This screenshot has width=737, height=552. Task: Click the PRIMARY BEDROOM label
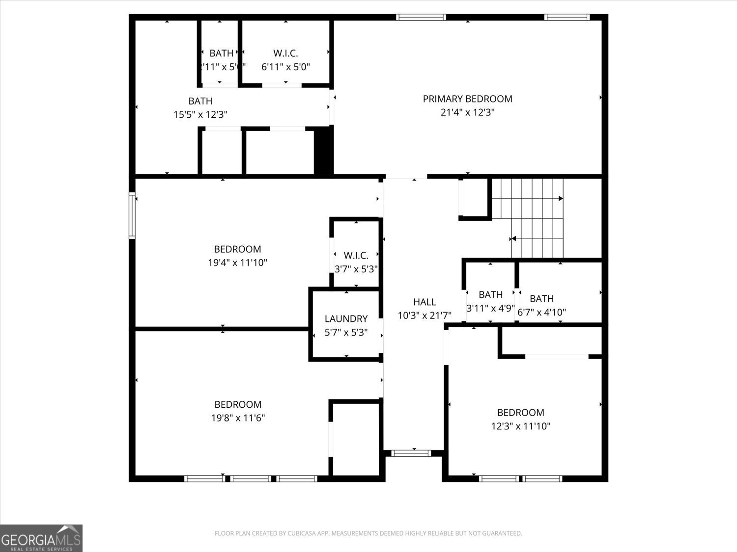coord(467,99)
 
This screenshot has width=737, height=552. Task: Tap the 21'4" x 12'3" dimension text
coord(467,112)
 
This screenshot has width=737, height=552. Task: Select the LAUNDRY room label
coord(346,319)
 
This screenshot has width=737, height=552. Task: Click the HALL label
coord(424,302)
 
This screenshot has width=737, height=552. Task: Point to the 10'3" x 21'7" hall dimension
coord(424,315)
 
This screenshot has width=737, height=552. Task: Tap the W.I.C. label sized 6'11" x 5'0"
coord(285,53)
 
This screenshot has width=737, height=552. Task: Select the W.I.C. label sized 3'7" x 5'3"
coord(356,256)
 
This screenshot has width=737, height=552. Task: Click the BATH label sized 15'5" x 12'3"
coord(200,101)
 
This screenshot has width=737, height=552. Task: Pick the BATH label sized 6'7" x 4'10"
coord(541,298)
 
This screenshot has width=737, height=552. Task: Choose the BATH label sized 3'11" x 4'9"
coord(490,294)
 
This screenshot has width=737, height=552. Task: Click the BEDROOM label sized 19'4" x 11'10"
coord(237,249)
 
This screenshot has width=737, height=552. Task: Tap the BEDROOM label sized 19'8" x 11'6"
coord(238,404)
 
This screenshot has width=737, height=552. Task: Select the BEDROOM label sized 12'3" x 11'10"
coord(520,413)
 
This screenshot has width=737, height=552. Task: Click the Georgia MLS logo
coord(41,538)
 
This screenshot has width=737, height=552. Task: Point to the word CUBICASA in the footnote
coord(304,533)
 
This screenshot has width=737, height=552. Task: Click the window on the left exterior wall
coord(132,216)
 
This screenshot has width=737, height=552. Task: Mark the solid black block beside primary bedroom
coord(323,150)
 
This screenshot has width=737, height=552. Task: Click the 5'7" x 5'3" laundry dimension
coord(346,332)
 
